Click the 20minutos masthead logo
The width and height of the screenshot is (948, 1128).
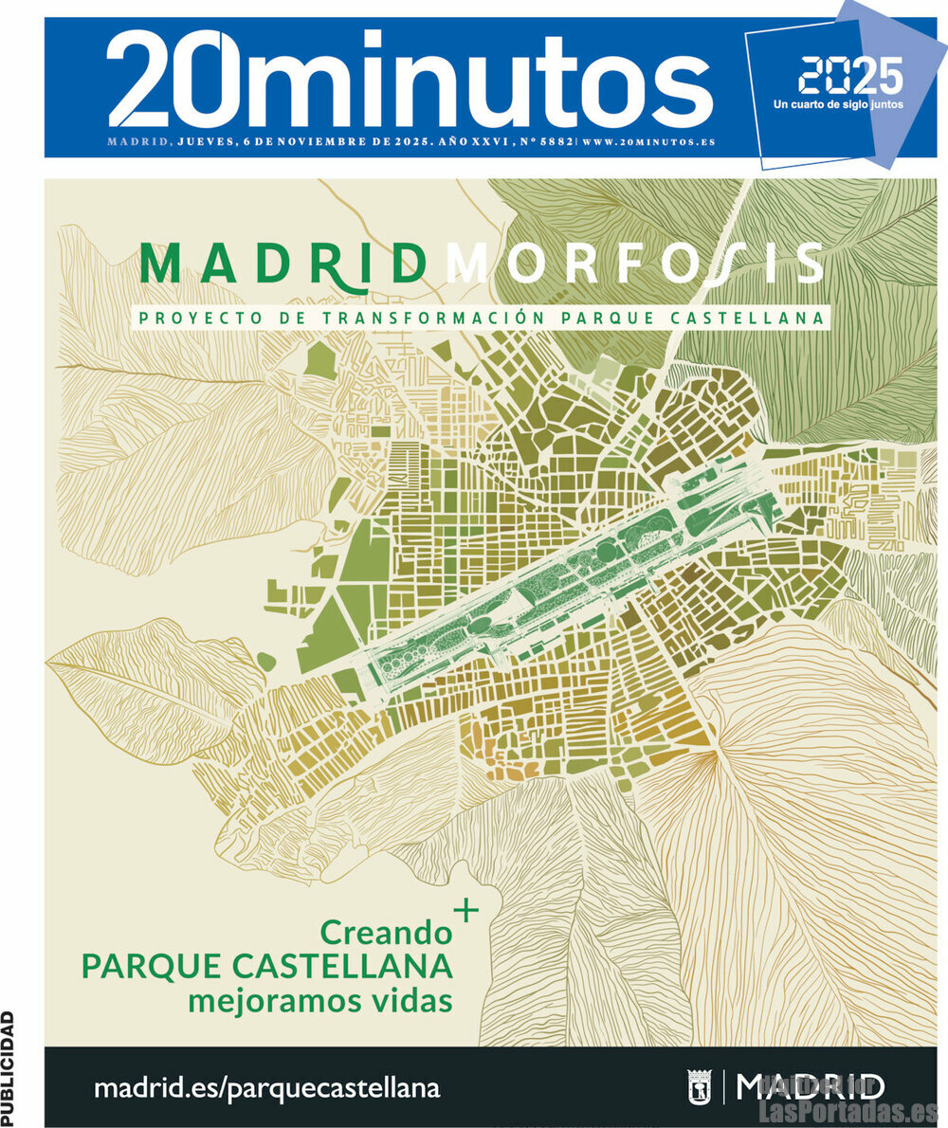pos(408,81)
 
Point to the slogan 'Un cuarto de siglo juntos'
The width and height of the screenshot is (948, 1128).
pos(838,104)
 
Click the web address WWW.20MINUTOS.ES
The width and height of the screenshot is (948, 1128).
pos(648,142)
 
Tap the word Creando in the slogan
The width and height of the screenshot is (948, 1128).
pos(386,933)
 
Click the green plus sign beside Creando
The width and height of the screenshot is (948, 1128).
pos(466,911)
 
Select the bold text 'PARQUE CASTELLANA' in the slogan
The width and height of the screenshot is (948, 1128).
pos(266,967)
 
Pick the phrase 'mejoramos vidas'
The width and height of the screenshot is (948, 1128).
pos(319,1000)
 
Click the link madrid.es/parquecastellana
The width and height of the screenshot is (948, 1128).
pos(266,1088)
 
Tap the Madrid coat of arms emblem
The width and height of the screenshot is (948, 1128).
pos(699,1086)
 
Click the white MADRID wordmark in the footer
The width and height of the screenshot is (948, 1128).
pos(811,1085)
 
